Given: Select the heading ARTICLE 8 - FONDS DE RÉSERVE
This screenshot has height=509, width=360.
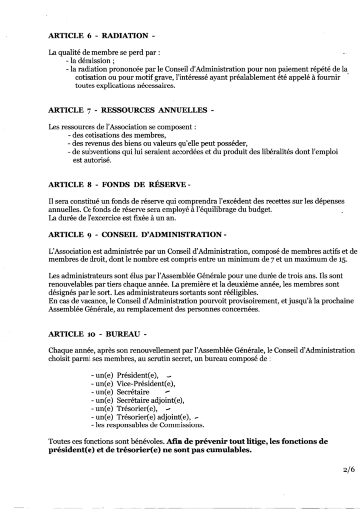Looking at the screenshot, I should [x=120, y=184].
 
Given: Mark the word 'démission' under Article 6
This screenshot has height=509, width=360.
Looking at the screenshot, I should [x=87, y=60].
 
